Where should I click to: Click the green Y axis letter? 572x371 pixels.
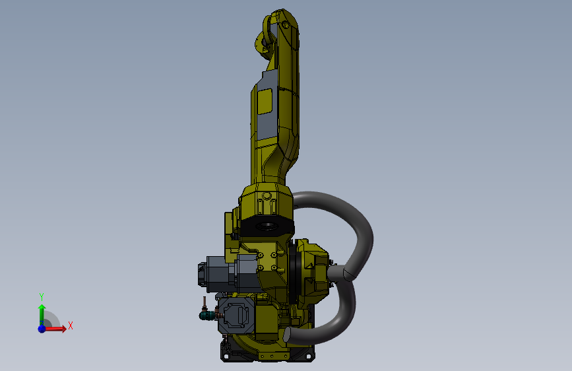[x=42, y=296]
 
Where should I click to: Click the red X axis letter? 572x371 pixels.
[x=71, y=325]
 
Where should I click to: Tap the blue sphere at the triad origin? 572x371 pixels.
[x=42, y=329]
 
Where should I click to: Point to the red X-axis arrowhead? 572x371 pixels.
[x=64, y=329]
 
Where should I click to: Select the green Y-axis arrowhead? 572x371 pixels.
[x=42, y=307]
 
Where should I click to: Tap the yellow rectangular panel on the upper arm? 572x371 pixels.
[x=265, y=101]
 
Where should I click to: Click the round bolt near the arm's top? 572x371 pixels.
[x=285, y=25]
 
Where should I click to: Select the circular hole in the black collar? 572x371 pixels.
[x=267, y=226]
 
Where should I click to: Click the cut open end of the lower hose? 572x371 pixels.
[x=287, y=335]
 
